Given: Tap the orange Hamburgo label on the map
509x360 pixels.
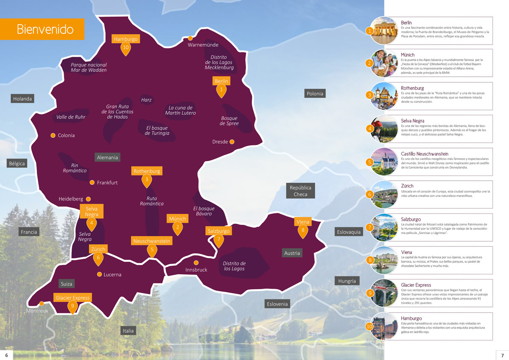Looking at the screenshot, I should [126, 39].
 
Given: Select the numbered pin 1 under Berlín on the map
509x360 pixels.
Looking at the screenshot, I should [221, 90].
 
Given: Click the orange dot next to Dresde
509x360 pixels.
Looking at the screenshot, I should [232, 142].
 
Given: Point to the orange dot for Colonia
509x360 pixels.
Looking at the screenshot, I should [53, 135].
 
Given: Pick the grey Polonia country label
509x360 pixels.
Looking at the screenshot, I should [315, 94].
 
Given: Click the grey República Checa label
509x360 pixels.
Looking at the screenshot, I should [300, 191].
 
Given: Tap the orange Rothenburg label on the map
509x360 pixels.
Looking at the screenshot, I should [147, 171].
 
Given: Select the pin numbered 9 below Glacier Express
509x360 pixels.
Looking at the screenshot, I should [73, 307].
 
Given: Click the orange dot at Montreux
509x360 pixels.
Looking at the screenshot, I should [42, 303].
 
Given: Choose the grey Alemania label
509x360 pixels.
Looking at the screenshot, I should [107, 157].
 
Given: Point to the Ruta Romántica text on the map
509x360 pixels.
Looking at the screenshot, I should [152, 201].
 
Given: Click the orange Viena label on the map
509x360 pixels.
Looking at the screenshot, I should [303, 222].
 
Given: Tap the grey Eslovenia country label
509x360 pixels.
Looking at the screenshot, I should [277, 304].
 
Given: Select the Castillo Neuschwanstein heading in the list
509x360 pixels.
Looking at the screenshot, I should [425, 153].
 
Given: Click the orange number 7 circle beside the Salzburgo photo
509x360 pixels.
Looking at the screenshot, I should [370, 227].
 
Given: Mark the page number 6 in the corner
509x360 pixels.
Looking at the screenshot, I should [6, 355].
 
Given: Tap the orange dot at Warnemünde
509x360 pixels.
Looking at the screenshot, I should [190, 39].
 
